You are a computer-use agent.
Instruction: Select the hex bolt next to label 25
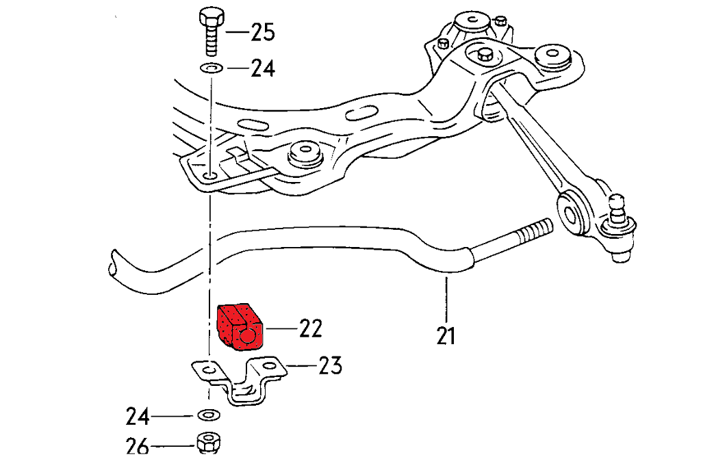(210, 31)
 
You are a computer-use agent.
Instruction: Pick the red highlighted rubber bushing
(239, 328)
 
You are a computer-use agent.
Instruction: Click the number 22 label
(309, 329)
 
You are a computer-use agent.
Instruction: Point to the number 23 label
(329, 366)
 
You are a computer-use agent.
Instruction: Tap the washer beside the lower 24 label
(206, 415)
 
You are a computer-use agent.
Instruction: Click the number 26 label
(138, 447)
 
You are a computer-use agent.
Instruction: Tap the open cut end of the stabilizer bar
(112, 264)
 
